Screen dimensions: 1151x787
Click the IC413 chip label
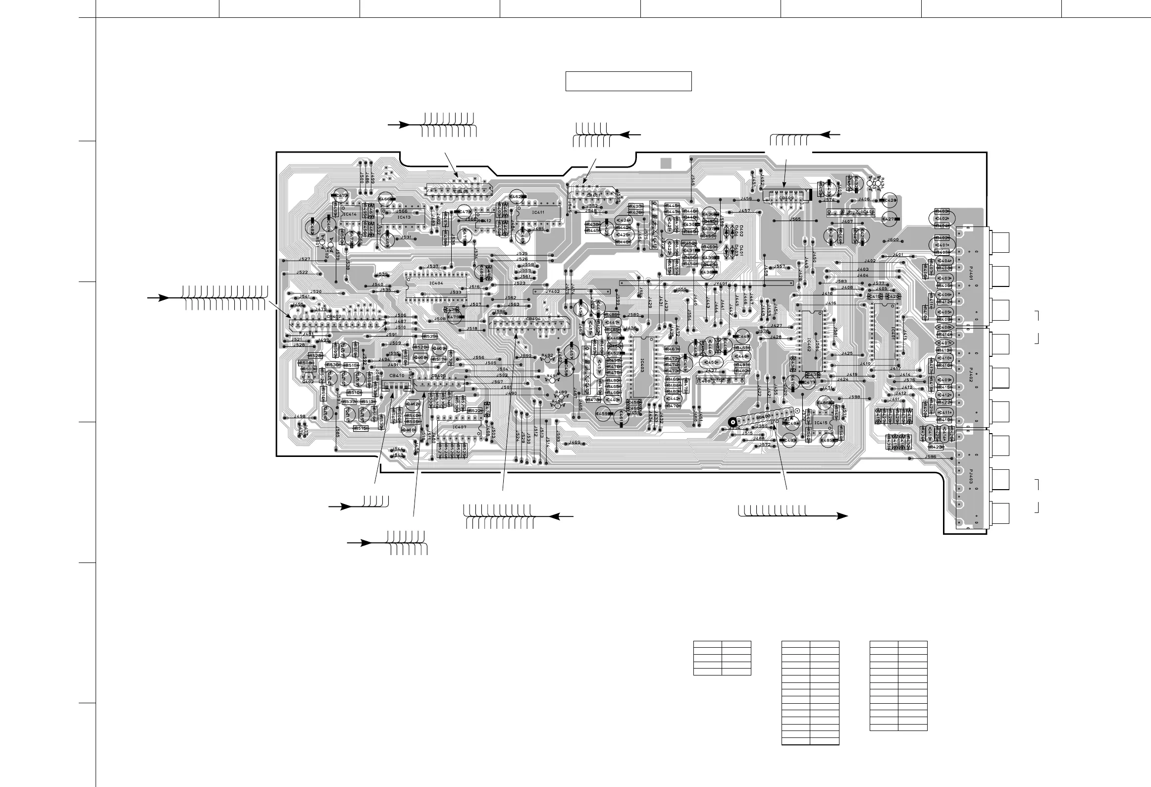404,217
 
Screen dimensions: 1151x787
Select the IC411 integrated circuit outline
538,213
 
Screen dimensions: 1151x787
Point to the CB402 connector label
334,316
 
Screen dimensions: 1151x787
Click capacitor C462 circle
515,197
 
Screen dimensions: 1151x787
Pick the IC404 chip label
436,283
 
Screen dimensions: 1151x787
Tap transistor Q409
439,348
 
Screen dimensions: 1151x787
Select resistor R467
672,349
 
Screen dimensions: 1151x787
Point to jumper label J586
931,456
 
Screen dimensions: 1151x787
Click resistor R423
936,447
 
